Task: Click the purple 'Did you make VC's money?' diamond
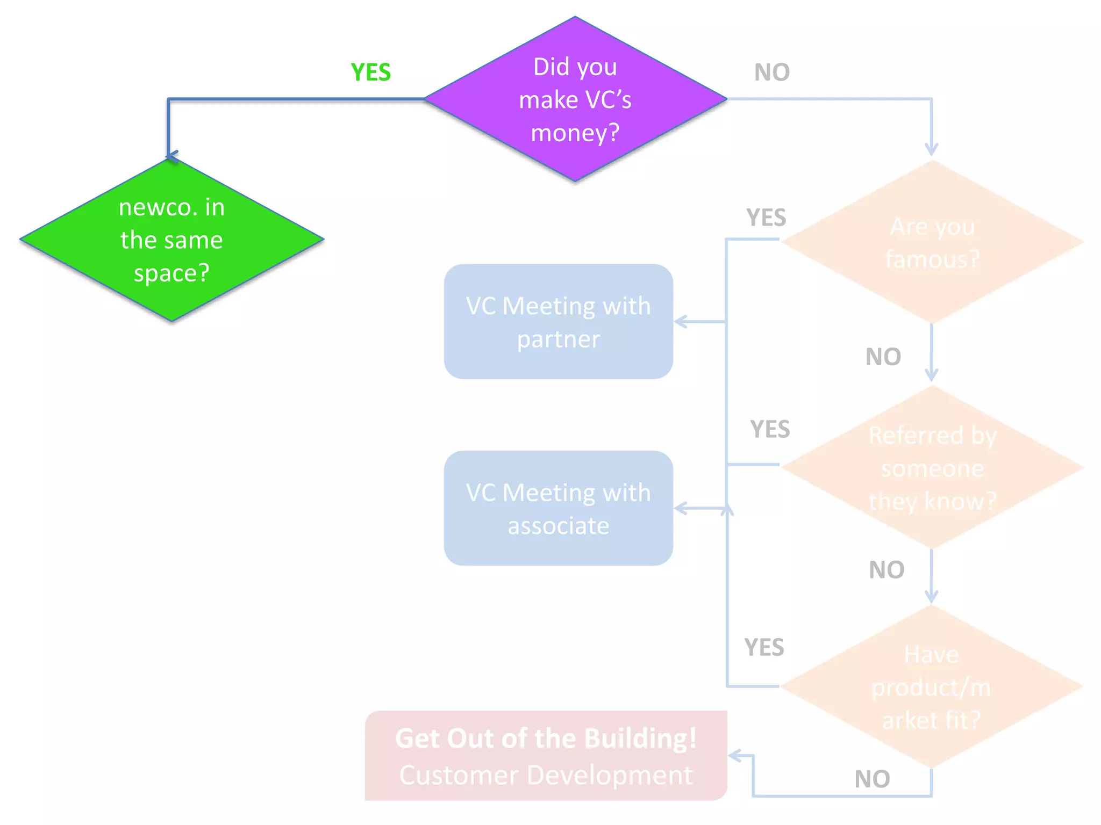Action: coord(575,99)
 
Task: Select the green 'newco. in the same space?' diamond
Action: coord(171,240)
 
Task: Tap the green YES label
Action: coord(370,73)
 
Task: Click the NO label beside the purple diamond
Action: coord(771,73)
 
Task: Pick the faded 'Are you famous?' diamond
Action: coord(932,242)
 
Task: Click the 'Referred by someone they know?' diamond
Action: coord(932,467)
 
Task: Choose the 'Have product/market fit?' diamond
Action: coord(932,686)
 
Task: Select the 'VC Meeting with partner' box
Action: coord(558,322)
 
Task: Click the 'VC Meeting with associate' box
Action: coord(558,508)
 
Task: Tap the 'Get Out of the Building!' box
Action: coord(546,756)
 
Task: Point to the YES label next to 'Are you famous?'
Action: coord(766,218)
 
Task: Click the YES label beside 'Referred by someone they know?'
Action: coord(769,430)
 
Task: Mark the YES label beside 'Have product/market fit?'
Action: coord(764,648)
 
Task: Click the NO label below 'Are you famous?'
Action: coord(883,357)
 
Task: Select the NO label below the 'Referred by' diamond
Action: coord(886,570)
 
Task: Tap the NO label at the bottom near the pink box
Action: coord(872,779)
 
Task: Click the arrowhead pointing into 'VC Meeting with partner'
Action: coord(680,322)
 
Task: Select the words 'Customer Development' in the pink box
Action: coord(546,776)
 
